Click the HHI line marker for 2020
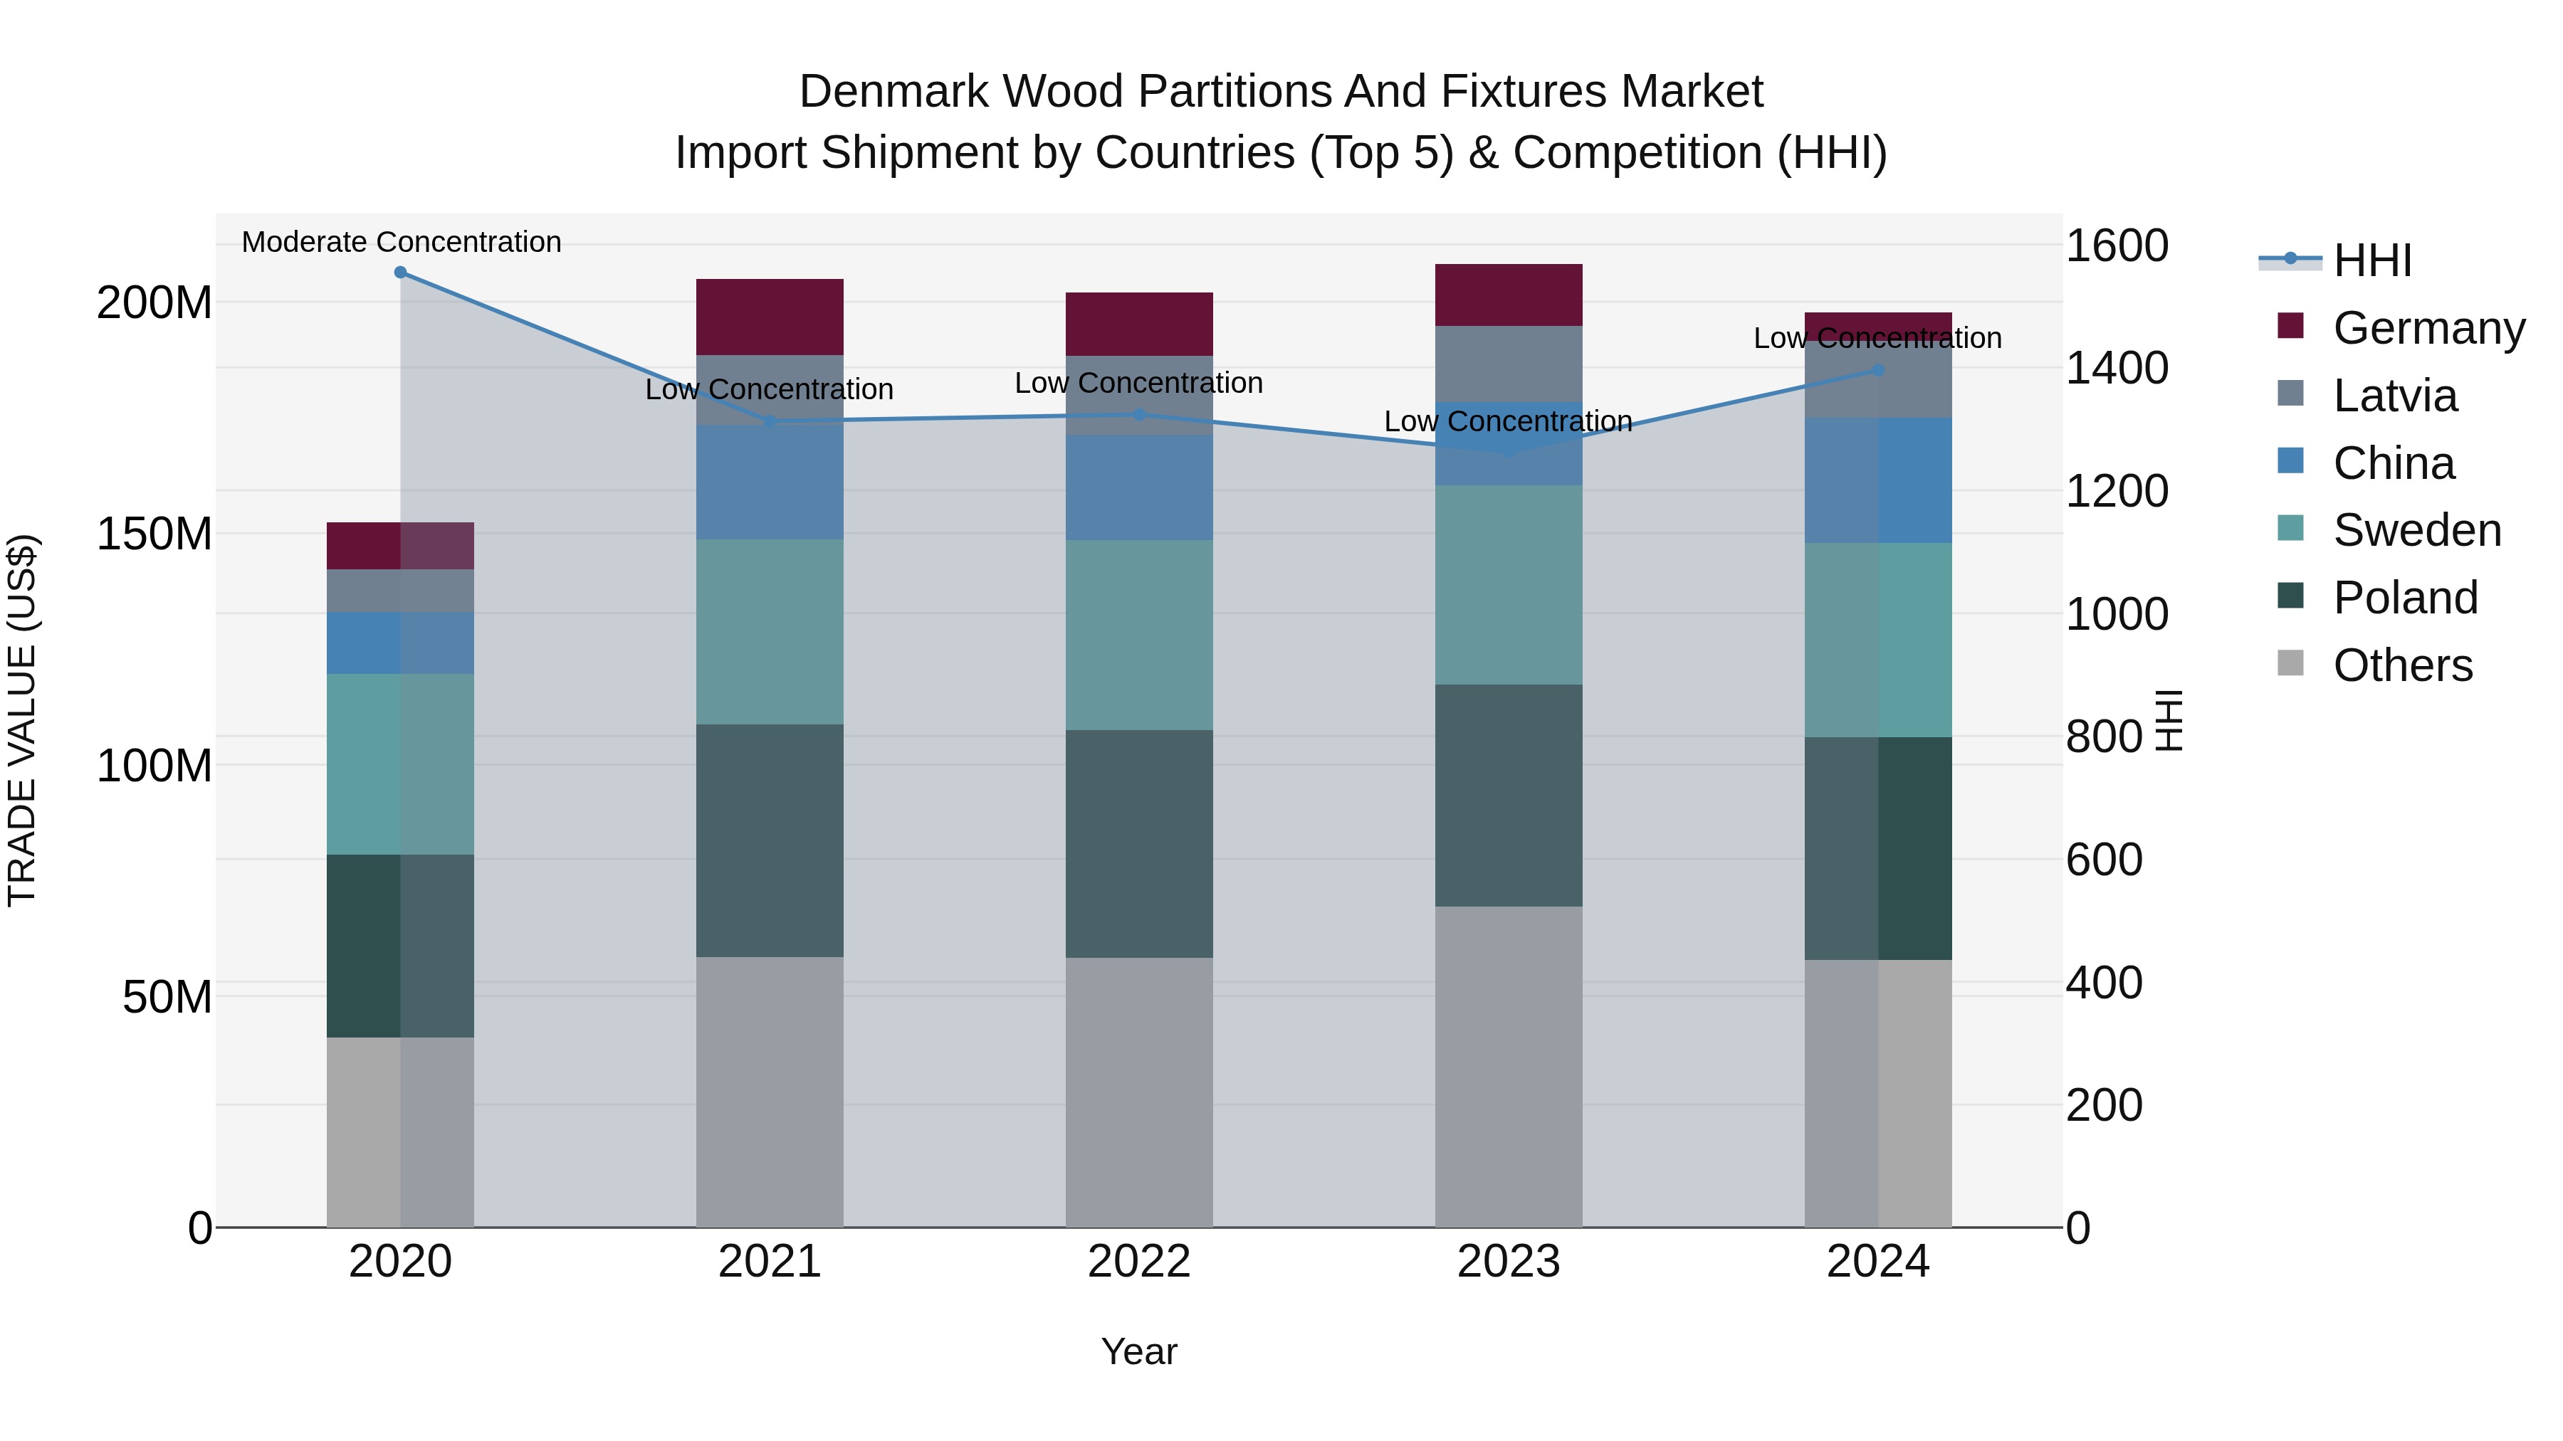point(400,272)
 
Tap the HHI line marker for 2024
point(1877,370)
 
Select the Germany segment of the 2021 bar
point(769,316)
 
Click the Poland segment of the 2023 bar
point(1509,795)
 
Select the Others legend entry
point(2402,665)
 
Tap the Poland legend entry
point(2405,598)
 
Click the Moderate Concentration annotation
point(401,242)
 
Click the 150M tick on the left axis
point(154,534)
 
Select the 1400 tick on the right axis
point(2117,368)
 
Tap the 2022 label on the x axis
point(1138,1261)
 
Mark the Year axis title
point(1138,1351)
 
